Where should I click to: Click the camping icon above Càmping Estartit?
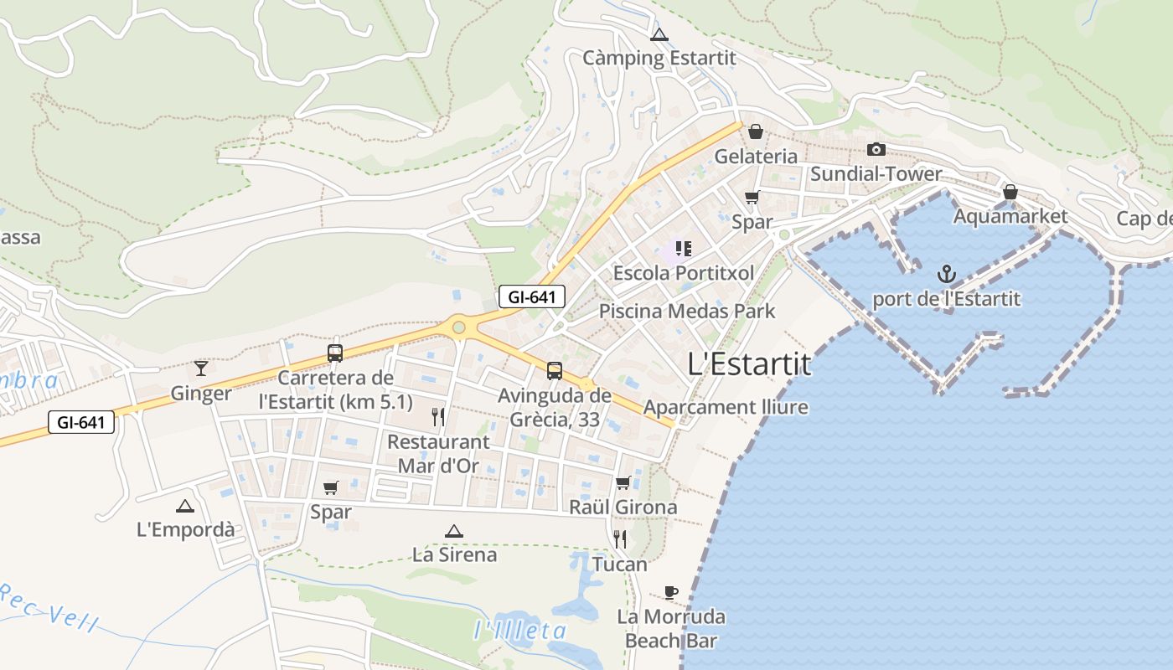(659, 35)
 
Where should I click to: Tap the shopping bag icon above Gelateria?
(756, 131)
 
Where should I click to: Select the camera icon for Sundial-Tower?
(876, 149)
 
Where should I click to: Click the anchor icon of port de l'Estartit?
(946, 274)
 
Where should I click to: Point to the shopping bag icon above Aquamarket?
(1010, 192)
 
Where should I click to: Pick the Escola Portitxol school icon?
(684, 248)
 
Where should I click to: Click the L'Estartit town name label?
(749, 364)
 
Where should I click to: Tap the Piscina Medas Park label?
(687, 312)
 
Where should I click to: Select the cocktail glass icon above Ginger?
(201, 368)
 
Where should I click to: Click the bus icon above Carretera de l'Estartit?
(335, 353)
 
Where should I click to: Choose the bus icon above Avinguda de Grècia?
(555, 370)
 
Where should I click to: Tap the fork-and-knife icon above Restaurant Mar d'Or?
(437, 416)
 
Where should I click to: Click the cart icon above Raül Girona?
(623, 482)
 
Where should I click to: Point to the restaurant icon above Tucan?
(620, 539)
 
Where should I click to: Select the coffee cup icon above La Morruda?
(670, 592)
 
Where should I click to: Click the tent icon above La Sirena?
(454, 530)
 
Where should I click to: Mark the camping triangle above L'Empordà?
(185, 505)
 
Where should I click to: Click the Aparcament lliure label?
(726, 408)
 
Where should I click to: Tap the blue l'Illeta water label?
(520, 631)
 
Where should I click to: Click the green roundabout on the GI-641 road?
(458, 327)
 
